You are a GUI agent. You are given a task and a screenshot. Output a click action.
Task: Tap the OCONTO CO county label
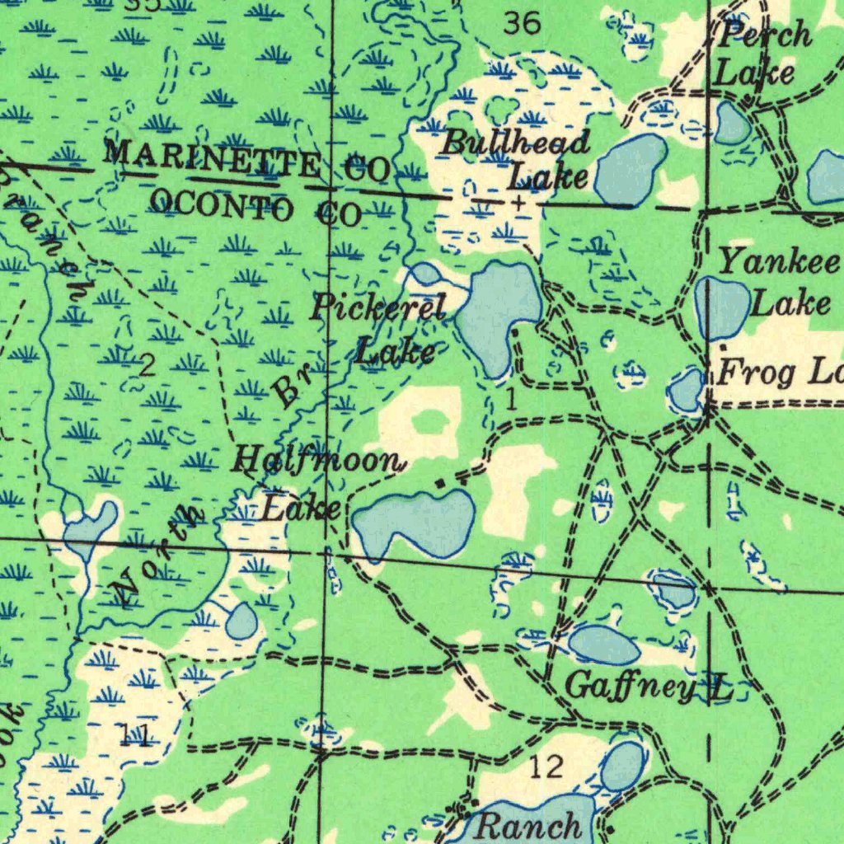(256, 206)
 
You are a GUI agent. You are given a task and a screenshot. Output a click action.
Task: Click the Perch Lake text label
(762, 54)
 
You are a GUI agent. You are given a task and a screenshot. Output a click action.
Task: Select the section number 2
(147, 365)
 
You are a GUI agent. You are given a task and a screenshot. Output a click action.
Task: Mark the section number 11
(135, 734)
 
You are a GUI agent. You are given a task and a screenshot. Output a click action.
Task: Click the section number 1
(511, 401)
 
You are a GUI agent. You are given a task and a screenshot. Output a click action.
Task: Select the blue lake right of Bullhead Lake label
(631, 170)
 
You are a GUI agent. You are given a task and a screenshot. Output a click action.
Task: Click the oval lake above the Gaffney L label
(604, 645)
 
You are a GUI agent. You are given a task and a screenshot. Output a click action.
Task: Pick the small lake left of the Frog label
(686, 391)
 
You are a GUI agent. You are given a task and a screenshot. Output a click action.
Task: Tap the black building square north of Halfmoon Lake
(440, 481)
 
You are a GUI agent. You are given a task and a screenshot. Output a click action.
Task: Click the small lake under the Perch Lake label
(732, 124)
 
